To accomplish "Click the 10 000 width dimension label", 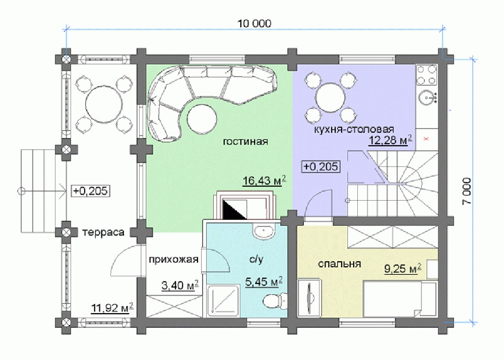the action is [x=254, y=23].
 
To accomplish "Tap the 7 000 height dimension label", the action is [x=467, y=191].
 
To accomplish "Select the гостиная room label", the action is [x=245, y=141].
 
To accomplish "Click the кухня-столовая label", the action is [x=354, y=129].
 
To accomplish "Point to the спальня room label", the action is [x=339, y=264].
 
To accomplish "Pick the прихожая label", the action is [x=173, y=259].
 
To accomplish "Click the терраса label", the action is [x=103, y=232].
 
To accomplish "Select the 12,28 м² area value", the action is [x=390, y=141].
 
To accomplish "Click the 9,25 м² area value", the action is [x=403, y=268].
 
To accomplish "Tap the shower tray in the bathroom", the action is [x=223, y=300].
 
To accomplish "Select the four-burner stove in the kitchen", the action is [x=427, y=75].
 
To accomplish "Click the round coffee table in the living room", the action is [x=202, y=118].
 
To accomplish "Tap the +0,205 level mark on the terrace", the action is [x=90, y=191].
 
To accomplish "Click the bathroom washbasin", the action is [x=265, y=231].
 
